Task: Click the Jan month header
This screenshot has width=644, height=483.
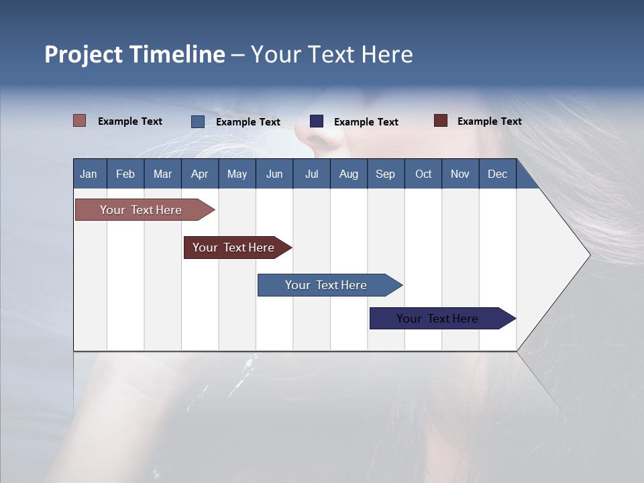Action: coord(89,174)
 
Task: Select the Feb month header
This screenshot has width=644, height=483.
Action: coord(125,174)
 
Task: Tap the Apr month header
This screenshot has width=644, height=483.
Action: coord(199,174)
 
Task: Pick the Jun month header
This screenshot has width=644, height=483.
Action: coord(274,174)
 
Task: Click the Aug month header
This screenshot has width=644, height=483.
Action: coord(348,174)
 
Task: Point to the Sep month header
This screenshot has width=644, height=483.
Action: coord(385,174)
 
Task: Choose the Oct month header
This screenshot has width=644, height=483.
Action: coord(423,174)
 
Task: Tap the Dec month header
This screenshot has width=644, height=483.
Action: coord(497,174)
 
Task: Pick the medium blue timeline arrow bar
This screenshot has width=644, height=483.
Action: coord(327,285)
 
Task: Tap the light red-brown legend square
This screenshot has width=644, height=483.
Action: coord(80,121)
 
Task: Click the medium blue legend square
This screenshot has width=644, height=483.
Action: coord(198,121)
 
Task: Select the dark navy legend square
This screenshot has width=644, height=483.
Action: coord(317,121)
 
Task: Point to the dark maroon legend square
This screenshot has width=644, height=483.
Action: coord(441,121)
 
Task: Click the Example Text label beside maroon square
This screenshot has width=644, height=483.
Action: coord(489,121)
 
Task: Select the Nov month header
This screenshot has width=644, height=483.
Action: coord(460,174)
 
